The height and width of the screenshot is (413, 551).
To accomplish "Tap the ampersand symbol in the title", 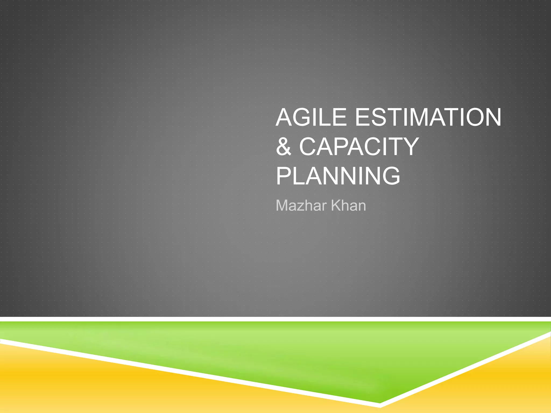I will [x=284, y=147].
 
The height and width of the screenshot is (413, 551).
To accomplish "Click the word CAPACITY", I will [x=359, y=147].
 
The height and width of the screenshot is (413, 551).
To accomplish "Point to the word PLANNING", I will [x=338, y=176].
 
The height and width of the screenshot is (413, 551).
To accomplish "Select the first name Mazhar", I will [x=302, y=206].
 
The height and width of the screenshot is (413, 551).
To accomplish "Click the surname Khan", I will [x=348, y=206].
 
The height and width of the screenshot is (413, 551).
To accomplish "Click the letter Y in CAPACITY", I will [x=409, y=147].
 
